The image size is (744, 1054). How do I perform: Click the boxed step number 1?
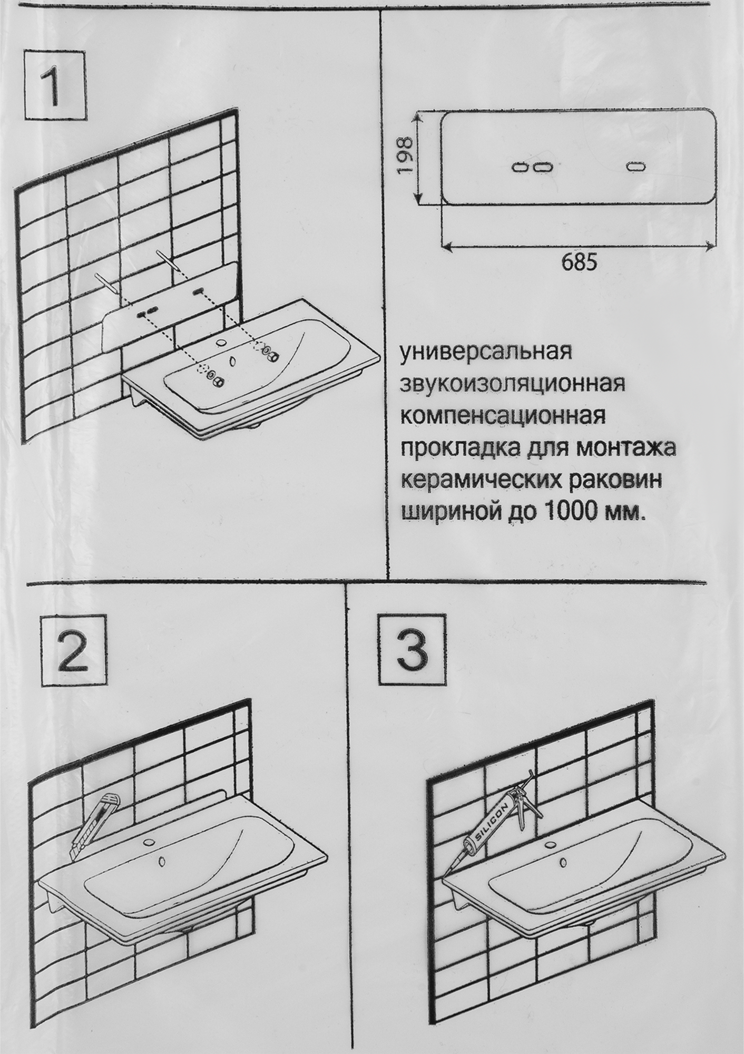tap(55, 84)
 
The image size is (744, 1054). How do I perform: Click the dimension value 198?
tap(405, 156)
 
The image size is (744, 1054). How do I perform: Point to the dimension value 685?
tap(579, 262)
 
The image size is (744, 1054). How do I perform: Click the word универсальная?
tap(486, 352)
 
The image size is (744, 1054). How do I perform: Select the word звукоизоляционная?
tap(513, 383)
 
